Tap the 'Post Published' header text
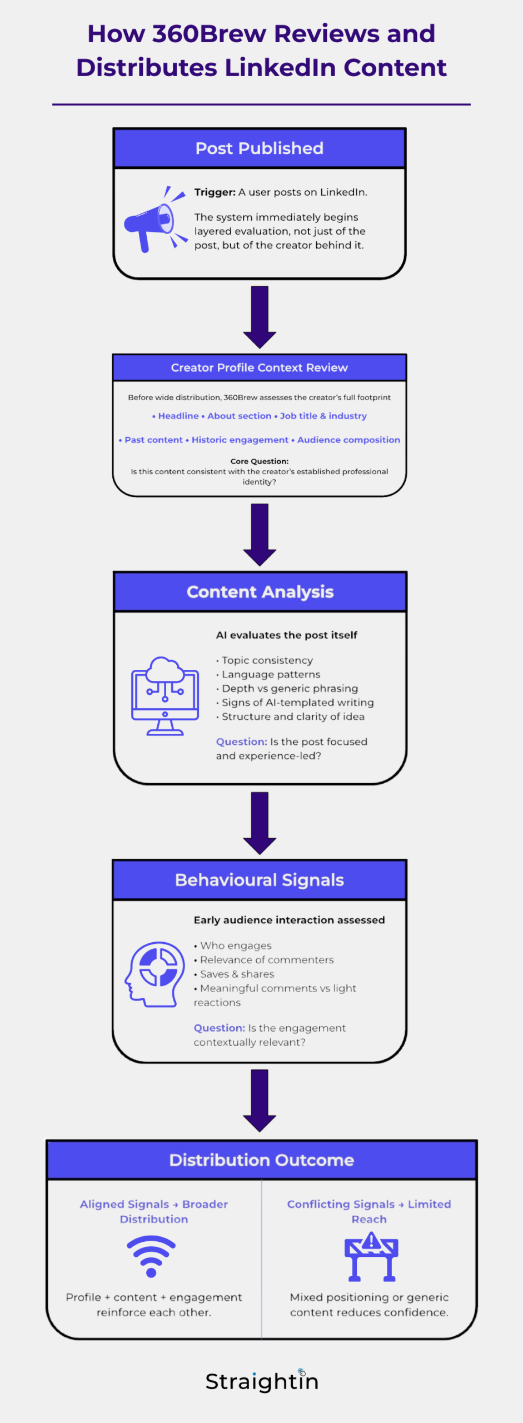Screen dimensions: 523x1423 [260, 148]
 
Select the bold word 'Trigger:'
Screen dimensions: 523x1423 [215, 192]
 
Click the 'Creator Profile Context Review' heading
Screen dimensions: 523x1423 [260, 367]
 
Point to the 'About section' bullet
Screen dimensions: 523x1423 [240, 416]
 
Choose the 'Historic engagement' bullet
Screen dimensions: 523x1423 [240, 440]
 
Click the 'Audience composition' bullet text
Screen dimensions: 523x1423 [348, 440]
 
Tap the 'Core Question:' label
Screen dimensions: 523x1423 [260, 461]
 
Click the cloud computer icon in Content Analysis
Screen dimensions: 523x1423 [165, 696]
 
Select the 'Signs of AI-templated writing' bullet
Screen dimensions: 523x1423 [298, 703]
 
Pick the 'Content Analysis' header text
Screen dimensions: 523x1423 [260, 592]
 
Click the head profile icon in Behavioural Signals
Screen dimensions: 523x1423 [155, 974]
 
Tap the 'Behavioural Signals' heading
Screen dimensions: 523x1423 [260, 880]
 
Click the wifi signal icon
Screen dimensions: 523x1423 [151, 1256]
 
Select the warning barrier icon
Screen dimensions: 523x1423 [371, 1257]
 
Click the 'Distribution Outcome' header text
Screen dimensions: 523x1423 [262, 1160]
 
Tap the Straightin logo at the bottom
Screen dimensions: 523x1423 [262, 1381]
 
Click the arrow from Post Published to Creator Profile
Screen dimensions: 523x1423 [260, 317]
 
